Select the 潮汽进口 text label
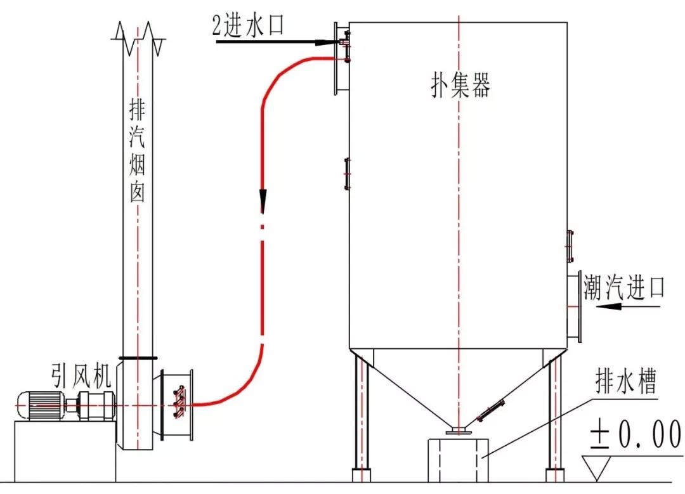point(624,289)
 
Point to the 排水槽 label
point(625,384)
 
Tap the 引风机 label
point(81,377)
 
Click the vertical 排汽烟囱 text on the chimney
point(137,152)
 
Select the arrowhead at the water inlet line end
point(327,42)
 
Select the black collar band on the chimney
point(138,358)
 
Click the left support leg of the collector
point(361,419)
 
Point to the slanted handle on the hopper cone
point(492,410)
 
